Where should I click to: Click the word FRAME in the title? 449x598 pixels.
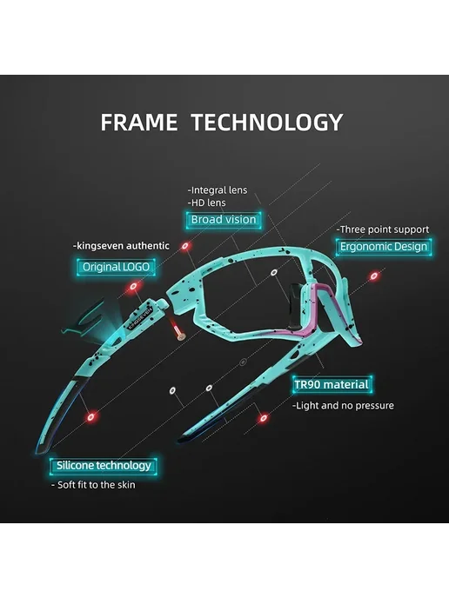click(x=139, y=123)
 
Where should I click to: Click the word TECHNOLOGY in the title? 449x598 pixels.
click(x=267, y=123)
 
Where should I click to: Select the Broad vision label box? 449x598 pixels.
click(x=224, y=220)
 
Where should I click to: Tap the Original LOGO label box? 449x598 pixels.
click(x=116, y=267)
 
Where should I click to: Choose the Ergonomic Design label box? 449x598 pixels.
click(x=384, y=247)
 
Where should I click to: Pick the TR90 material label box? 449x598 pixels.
click(x=332, y=384)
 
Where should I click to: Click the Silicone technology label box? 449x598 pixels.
click(x=104, y=466)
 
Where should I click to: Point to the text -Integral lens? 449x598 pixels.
click(x=218, y=190)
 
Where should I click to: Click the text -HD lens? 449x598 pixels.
click(x=206, y=203)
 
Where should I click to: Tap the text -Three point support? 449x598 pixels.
click(x=383, y=229)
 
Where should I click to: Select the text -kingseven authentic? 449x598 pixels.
click(x=121, y=246)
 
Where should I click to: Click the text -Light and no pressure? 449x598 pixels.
click(x=343, y=405)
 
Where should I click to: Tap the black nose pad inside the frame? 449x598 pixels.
click(x=294, y=306)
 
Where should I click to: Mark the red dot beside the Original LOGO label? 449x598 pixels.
click(x=133, y=286)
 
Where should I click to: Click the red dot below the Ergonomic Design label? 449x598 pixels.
click(x=374, y=276)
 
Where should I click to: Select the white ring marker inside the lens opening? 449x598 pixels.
click(x=274, y=272)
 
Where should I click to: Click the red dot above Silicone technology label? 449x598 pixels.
click(x=90, y=417)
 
